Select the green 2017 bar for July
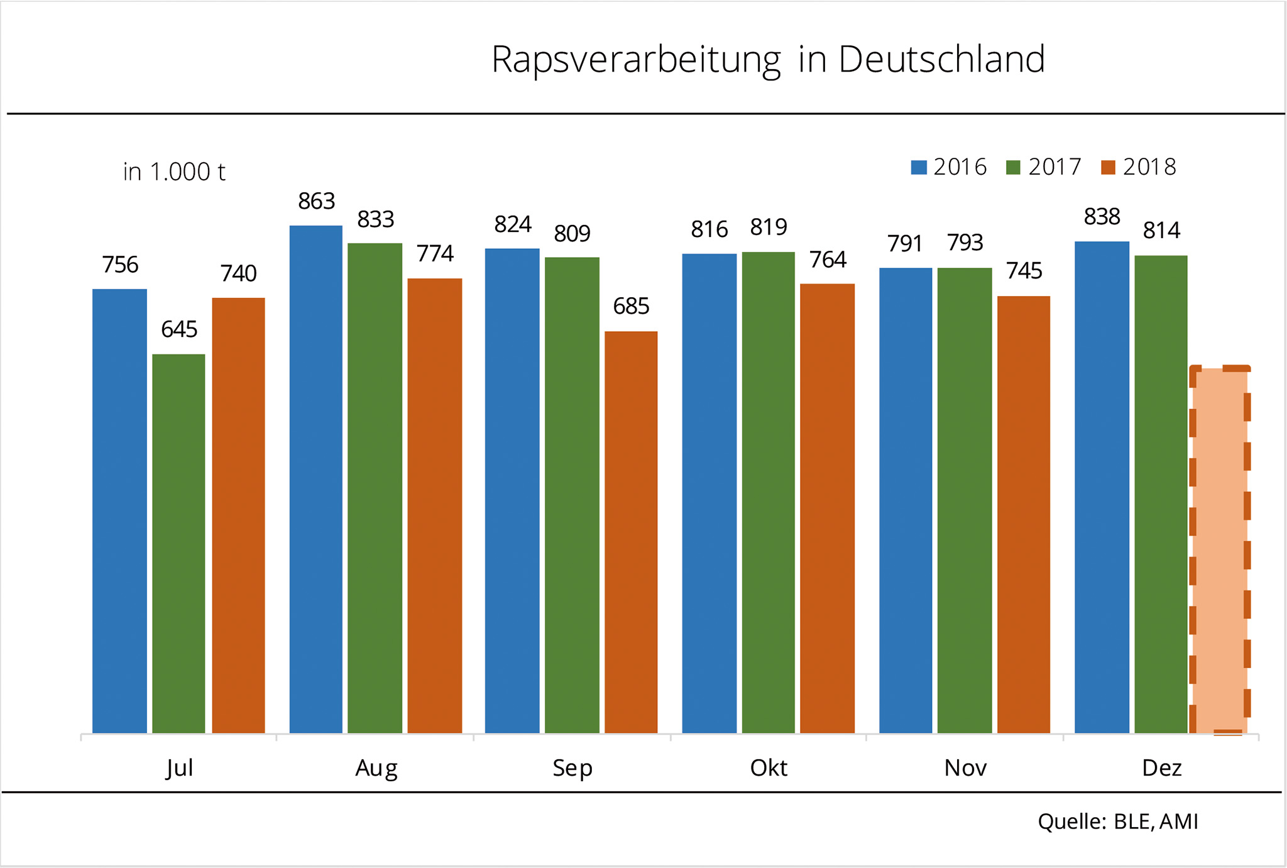(x=178, y=544)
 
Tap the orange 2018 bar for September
(x=631, y=532)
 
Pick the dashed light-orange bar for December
(x=1220, y=550)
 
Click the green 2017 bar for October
(x=768, y=492)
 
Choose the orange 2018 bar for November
(x=1024, y=514)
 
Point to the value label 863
(x=316, y=201)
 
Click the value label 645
(x=179, y=329)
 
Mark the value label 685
(x=631, y=306)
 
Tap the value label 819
(x=768, y=227)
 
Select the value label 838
(x=1102, y=217)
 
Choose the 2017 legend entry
(x=1043, y=167)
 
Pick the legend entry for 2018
(x=1138, y=167)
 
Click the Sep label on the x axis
(x=572, y=768)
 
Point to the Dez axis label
(x=1161, y=768)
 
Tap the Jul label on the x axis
(x=179, y=768)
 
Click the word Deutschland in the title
(x=941, y=60)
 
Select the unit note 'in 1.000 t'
(x=174, y=172)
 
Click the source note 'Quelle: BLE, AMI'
(x=1118, y=821)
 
